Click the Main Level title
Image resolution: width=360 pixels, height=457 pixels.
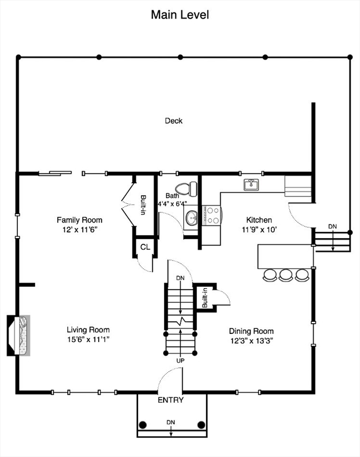click(180, 15)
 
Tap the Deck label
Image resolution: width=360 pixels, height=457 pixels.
click(174, 121)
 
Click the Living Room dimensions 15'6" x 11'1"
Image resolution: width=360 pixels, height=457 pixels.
click(88, 340)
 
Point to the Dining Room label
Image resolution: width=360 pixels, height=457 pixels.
click(251, 331)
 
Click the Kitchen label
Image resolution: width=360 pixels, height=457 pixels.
click(259, 220)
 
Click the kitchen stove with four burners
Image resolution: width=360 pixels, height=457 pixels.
click(211, 215)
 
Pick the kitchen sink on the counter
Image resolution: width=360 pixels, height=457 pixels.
click(252, 185)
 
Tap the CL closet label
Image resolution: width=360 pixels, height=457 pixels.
click(145, 247)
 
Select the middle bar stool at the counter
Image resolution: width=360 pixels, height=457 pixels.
click(286, 275)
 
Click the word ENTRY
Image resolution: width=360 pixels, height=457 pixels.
click(171, 400)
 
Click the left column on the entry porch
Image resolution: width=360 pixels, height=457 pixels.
click(143, 425)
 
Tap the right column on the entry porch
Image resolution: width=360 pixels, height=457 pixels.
click(201, 425)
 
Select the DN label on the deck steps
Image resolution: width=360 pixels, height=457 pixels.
click(332, 227)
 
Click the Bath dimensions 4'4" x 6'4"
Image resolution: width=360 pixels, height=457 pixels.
click(173, 204)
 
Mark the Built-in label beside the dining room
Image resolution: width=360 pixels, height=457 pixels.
click(205, 298)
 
